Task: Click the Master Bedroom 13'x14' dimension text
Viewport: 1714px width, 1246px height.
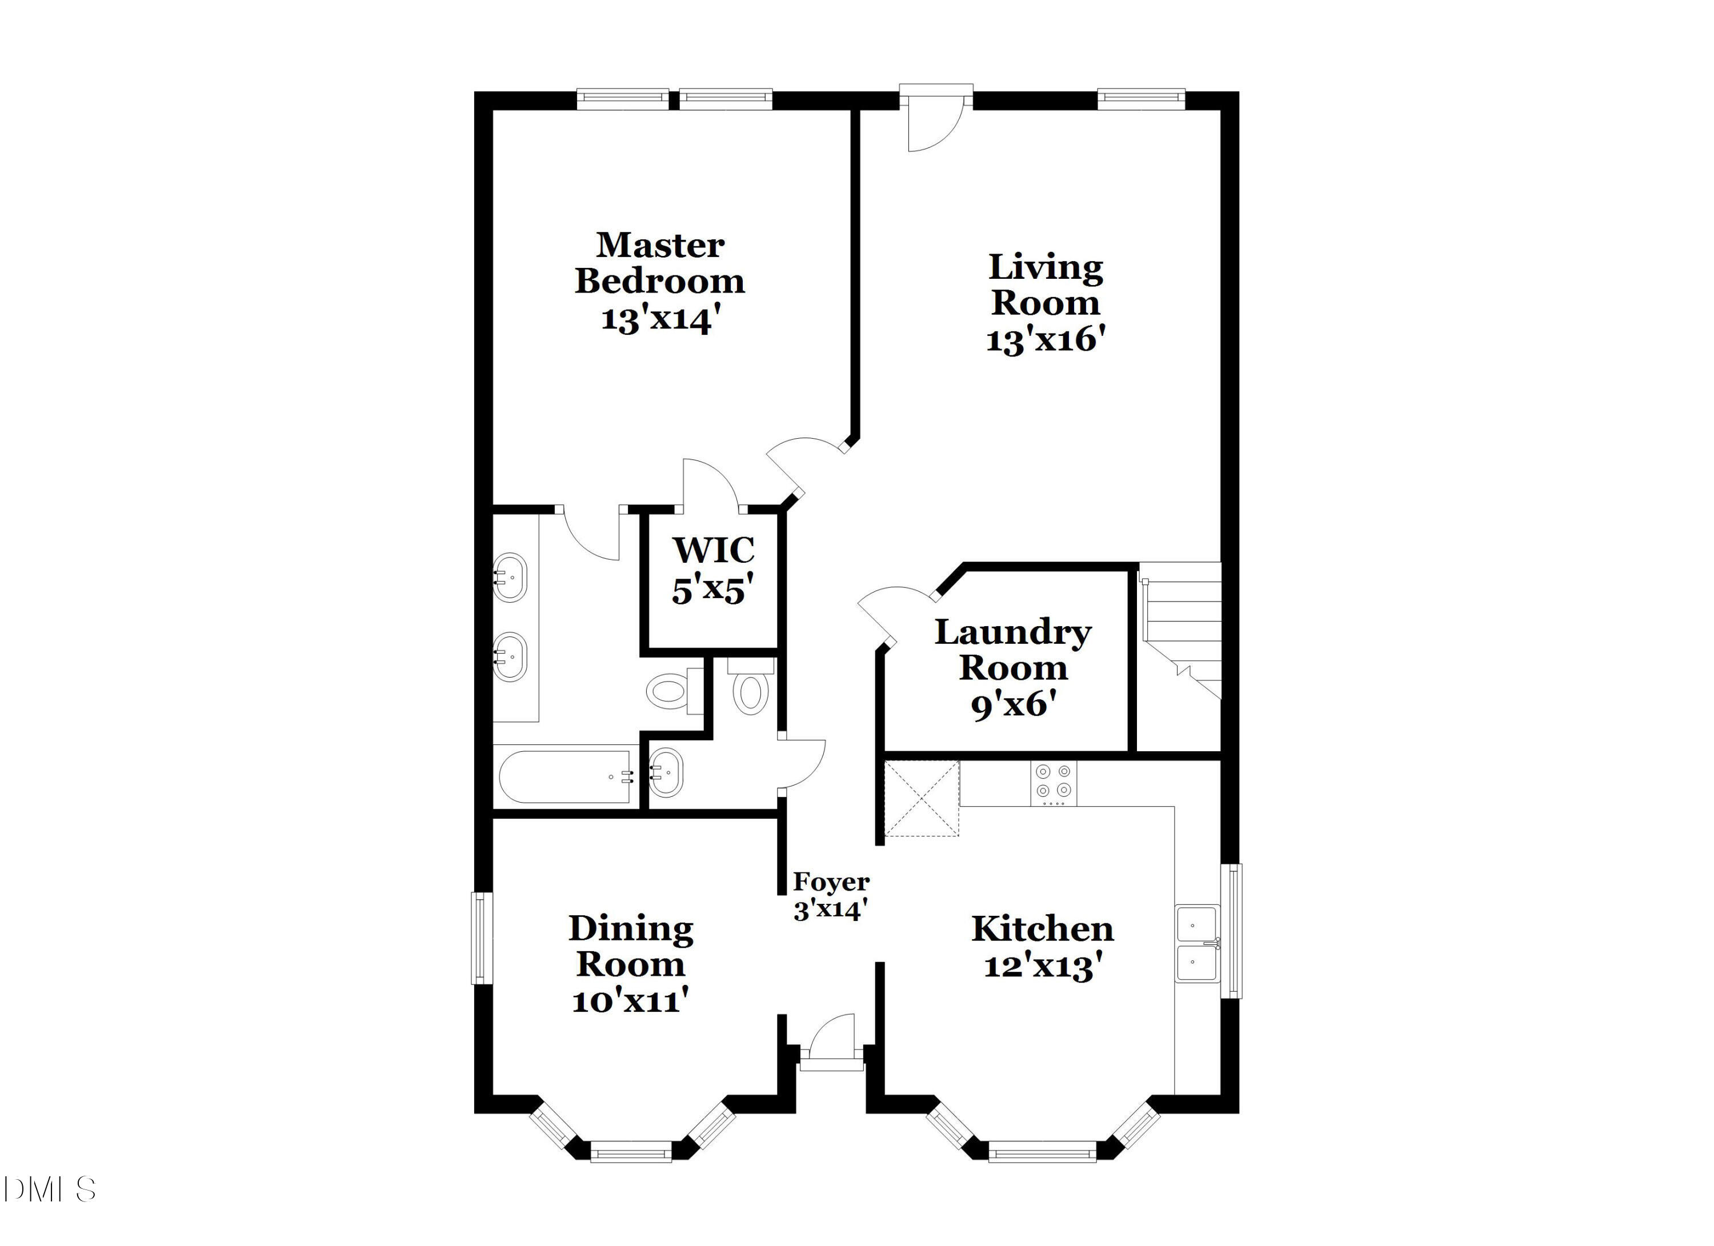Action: pos(656,319)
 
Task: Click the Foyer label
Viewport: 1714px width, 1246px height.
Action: pos(831,882)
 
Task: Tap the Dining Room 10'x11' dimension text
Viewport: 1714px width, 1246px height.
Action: pos(630,1001)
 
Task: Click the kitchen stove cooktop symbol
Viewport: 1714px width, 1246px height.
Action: pos(1054,782)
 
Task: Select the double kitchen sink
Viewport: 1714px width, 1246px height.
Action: pos(1197,944)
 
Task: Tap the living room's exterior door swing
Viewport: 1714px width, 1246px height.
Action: pos(934,125)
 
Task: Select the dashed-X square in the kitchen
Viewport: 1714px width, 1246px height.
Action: pos(921,798)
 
